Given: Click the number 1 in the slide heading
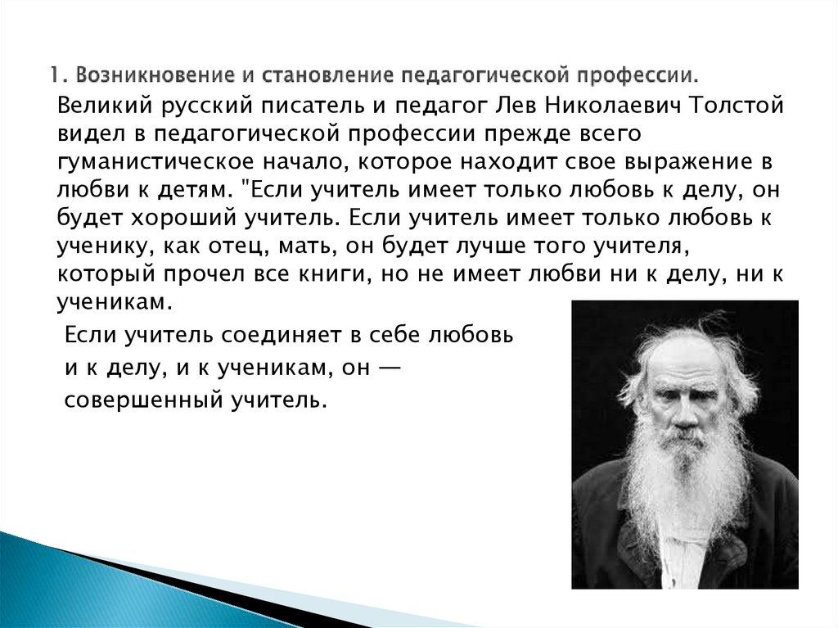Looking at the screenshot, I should click(51, 76).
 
